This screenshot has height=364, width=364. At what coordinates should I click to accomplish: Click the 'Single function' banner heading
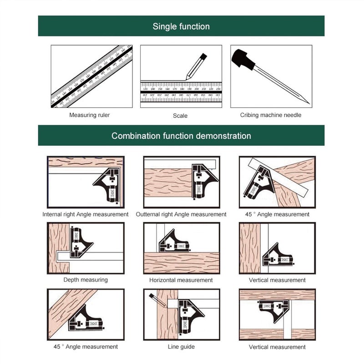pos(181,26)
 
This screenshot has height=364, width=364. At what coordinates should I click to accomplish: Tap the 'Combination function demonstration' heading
pos(181,136)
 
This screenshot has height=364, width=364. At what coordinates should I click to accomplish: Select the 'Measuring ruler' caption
pos(89,115)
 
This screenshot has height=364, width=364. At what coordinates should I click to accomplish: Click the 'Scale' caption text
pos(180,116)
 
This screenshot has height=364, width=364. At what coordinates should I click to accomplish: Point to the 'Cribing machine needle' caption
pos(271,115)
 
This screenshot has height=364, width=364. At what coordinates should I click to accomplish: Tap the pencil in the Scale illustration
pos(196,66)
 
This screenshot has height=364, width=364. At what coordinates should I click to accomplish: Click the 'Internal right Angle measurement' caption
pos(86,214)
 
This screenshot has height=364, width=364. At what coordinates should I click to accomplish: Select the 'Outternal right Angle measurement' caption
pos(181,214)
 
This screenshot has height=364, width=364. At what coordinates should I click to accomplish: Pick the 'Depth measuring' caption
pos(86,280)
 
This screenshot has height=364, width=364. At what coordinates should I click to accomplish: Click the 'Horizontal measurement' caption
pos(181,280)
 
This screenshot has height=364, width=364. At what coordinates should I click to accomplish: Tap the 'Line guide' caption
pos(181,347)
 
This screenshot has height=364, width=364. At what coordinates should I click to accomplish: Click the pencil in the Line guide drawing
pos(158,299)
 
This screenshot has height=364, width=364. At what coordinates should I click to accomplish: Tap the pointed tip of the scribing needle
pos(308,103)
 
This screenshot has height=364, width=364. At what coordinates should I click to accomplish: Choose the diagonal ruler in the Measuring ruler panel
pos(91,76)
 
